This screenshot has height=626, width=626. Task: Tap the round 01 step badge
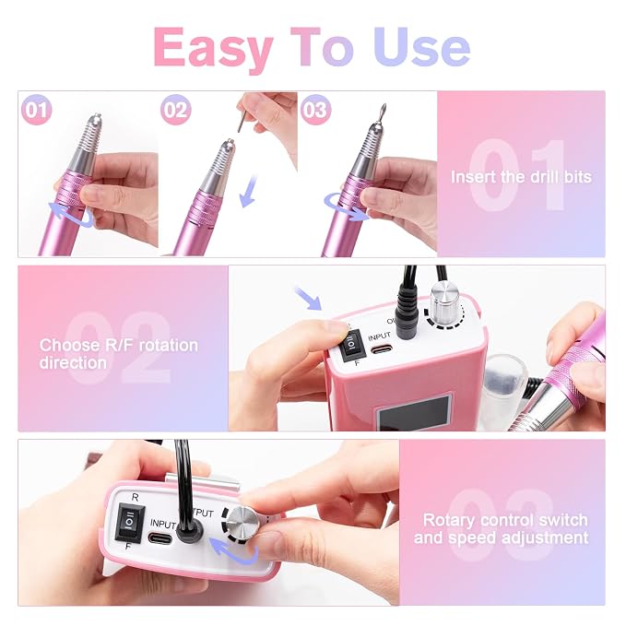37,110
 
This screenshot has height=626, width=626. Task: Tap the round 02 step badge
176,110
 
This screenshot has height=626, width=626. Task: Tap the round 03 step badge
315,110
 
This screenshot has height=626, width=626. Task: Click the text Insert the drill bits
521,177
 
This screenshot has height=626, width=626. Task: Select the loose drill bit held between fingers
241,122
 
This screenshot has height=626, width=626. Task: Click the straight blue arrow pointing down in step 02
248,191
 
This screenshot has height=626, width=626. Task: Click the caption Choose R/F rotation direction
119,354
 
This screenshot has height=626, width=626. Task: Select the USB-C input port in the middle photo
382,349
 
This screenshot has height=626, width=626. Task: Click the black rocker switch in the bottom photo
129,522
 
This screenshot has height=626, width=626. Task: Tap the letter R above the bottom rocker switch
135,498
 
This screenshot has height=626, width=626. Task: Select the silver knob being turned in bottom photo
243,522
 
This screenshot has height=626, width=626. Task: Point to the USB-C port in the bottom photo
160,538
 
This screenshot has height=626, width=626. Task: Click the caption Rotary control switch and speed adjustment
502,528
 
